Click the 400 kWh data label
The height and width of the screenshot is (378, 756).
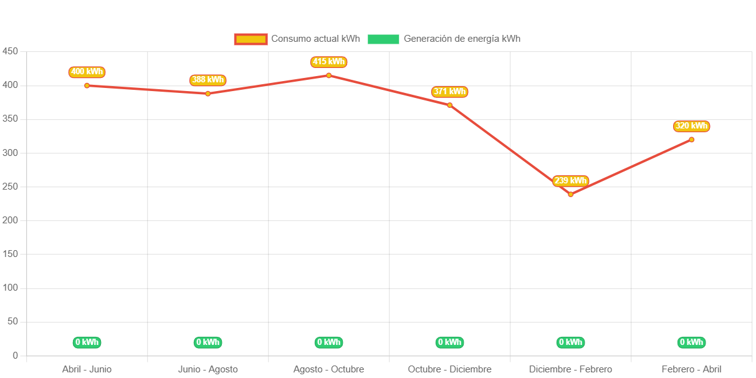point(87,72)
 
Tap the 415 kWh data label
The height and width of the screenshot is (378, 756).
point(328,62)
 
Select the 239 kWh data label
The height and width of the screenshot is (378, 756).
point(570,181)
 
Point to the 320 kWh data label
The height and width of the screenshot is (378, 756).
point(691,126)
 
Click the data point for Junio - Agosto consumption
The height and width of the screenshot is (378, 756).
point(208,94)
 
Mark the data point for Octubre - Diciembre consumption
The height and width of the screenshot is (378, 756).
point(449,105)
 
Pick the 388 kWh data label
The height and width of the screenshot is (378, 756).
point(208,80)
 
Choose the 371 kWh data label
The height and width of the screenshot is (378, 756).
point(449,92)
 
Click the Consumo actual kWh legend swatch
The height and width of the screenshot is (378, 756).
point(251,39)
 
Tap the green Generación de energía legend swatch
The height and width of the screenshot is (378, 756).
point(383,39)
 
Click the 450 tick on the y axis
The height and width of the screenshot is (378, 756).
point(10,51)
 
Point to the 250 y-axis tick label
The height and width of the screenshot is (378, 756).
point(10,187)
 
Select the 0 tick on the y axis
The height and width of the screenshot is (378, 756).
point(15,356)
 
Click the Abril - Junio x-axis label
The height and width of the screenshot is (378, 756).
point(87,369)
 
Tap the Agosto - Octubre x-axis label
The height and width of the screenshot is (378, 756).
point(328,369)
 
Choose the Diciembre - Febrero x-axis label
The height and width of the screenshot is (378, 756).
point(570,369)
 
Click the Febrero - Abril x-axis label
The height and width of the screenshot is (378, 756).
point(691,369)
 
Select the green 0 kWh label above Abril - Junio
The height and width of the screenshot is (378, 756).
point(87,342)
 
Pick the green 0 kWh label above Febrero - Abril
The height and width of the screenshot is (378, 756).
point(691,342)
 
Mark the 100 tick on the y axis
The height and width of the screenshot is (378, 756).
point(10,288)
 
